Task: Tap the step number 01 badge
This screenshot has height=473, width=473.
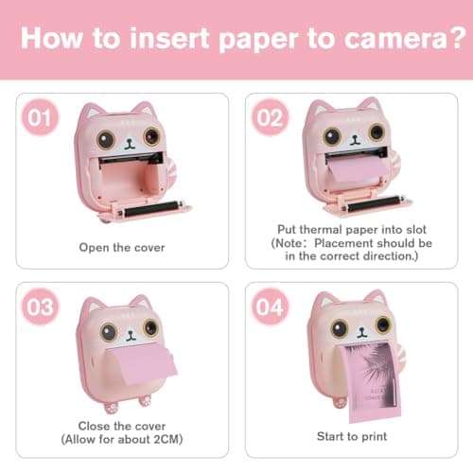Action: click(40, 119)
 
